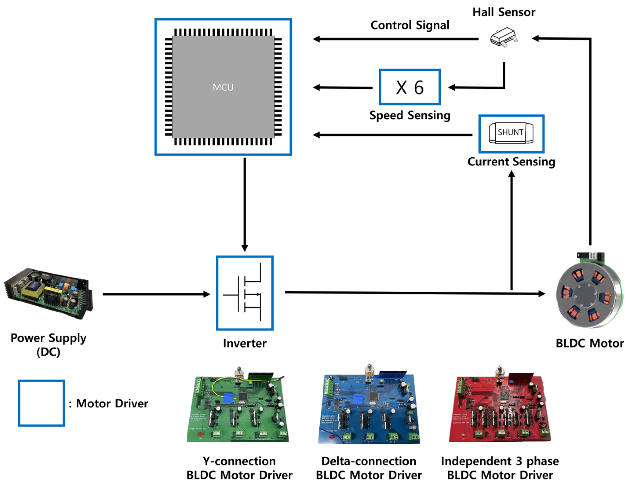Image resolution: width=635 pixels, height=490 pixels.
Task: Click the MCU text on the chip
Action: (x=223, y=87)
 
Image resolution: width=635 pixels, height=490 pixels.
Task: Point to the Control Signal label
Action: (x=410, y=25)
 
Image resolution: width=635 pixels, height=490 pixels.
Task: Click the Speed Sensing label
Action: (x=410, y=115)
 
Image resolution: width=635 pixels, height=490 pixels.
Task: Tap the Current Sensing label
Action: (x=511, y=162)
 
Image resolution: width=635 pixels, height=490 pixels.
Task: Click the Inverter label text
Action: (x=244, y=343)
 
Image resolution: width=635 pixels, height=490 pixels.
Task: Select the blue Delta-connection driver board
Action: (x=369, y=408)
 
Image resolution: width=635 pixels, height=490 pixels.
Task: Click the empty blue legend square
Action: (x=41, y=403)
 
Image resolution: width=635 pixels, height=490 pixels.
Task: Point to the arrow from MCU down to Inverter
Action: (x=245, y=203)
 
